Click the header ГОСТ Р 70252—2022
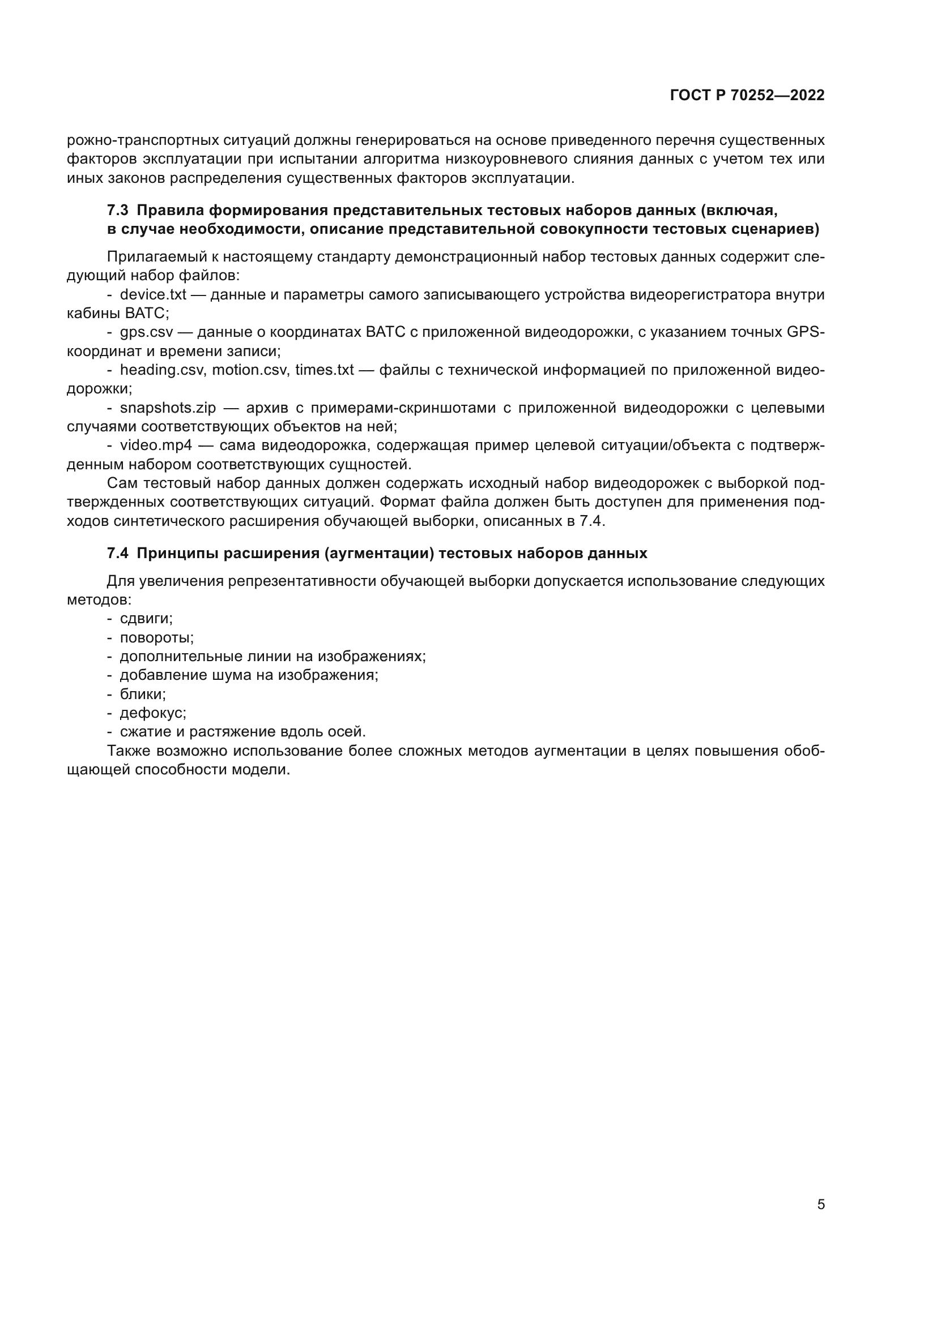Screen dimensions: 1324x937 coord(747,96)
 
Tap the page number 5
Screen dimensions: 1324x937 coord(821,1205)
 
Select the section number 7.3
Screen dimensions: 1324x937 coord(118,211)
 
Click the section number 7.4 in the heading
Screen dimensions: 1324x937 coord(118,554)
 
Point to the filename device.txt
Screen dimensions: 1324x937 coord(153,295)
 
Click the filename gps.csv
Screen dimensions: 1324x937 coord(147,332)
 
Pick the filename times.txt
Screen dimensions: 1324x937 coord(324,370)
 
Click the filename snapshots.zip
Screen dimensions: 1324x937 coord(168,408)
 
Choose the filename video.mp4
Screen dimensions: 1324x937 coord(156,445)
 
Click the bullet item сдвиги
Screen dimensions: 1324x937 coord(146,619)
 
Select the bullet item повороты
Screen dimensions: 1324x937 coord(156,638)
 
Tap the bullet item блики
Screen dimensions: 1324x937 coord(143,695)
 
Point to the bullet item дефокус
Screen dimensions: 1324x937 coord(153,713)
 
